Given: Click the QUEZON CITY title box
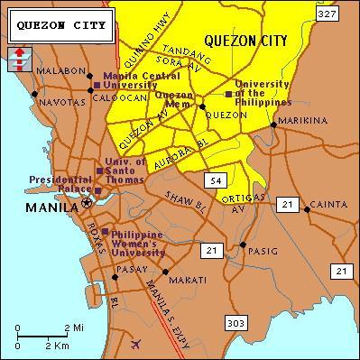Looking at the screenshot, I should (62, 26).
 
